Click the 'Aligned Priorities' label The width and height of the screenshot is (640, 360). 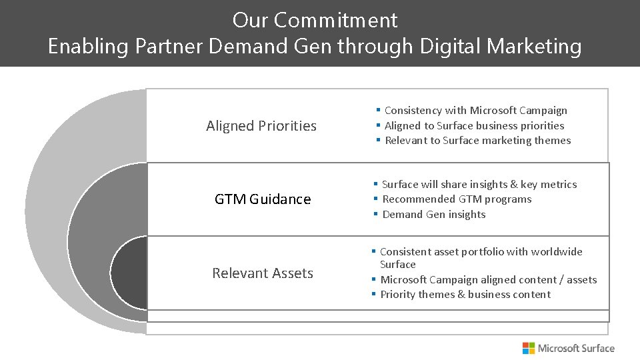coord(261,126)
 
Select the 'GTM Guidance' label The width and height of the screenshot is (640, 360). coord(263,199)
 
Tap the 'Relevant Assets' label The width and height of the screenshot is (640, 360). coord(263,273)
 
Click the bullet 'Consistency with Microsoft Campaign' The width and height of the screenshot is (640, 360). coord(475,111)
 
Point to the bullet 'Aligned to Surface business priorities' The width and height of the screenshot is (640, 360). coord(474,125)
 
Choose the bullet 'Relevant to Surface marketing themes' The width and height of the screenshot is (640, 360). coord(477,140)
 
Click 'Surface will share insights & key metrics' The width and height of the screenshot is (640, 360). coord(479,185)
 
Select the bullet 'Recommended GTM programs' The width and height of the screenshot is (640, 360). coord(457,199)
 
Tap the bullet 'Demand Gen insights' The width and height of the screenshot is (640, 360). coord(433,214)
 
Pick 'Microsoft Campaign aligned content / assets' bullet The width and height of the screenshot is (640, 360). coord(488,280)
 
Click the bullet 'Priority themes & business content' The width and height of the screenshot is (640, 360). coord(465,295)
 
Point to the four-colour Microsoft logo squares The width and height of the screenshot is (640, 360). coord(529,348)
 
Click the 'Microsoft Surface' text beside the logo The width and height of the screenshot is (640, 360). coord(576,348)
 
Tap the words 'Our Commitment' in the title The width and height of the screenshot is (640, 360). coord(315,20)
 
